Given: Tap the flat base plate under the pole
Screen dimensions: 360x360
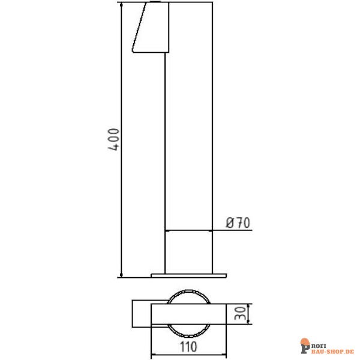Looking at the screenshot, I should (x=188, y=275).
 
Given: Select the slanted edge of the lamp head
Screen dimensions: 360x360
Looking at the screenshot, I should (x=137, y=29).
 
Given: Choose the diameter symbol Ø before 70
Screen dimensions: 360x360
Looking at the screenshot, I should (x=229, y=223).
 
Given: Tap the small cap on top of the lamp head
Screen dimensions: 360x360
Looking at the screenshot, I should (x=155, y=3).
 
